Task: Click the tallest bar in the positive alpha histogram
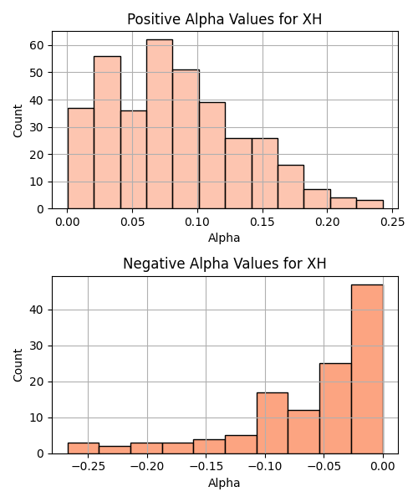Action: coord(160,124)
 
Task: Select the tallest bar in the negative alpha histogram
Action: coord(367,369)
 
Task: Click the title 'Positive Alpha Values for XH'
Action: coord(225,19)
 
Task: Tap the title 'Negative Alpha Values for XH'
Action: coord(225,264)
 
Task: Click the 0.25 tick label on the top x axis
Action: coord(392,222)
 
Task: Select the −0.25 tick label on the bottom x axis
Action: coord(89,466)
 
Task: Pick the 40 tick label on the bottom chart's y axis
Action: coord(37,310)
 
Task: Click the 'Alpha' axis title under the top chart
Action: coord(224,238)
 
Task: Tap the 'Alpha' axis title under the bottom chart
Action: coord(224,483)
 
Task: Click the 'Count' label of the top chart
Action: coord(18,120)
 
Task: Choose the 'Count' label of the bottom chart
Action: coord(18,366)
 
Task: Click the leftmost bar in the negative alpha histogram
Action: coord(84,448)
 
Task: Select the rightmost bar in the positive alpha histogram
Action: coord(370,205)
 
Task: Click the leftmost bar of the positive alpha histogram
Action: coord(81,158)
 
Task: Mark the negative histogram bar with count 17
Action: coord(273,423)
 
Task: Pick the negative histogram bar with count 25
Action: coord(335,408)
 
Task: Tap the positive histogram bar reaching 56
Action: coord(108,132)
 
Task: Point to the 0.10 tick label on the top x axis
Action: coord(197,222)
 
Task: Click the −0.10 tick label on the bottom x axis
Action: coord(265,466)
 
